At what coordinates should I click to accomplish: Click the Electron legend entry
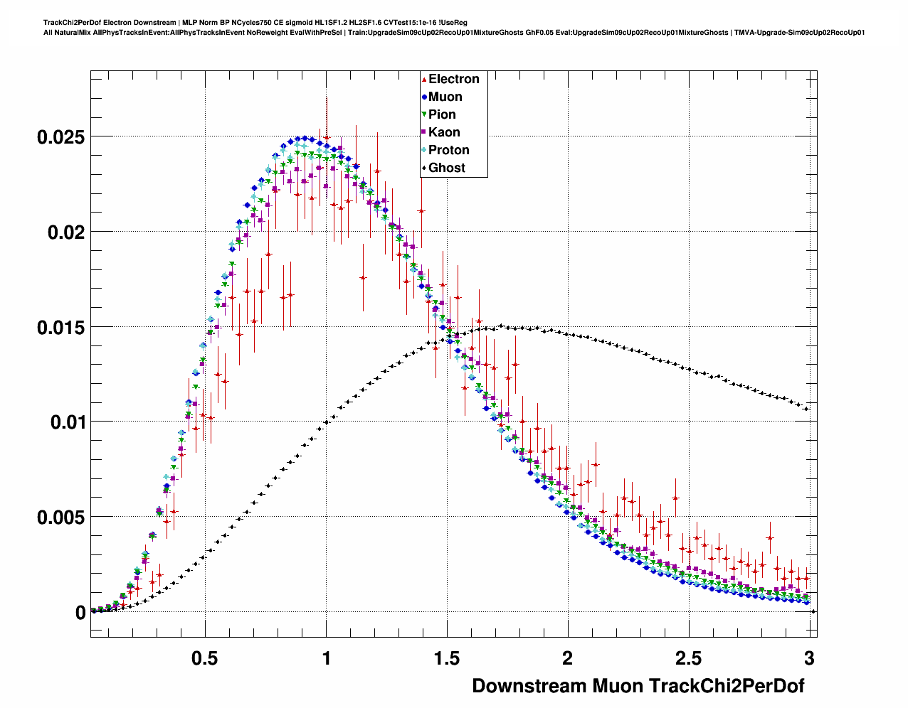[453, 79]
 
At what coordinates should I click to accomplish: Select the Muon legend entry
[445, 97]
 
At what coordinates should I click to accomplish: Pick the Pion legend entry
[442, 114]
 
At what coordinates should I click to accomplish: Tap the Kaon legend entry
[444, 132]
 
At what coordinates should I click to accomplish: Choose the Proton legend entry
[448, 150]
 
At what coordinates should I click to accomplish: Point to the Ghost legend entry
[446, 168]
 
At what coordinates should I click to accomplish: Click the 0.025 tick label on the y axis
[60, 137]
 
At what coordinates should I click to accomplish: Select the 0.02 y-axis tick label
[66, 232]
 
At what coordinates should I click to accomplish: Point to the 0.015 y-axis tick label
[60, 328]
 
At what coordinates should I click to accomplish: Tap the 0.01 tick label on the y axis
[66, 422]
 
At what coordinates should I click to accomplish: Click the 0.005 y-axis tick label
[60, 517]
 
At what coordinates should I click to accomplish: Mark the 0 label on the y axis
[80, 613]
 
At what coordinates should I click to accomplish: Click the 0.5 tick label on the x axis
[205, 658]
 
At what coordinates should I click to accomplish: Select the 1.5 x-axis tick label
[447, 658]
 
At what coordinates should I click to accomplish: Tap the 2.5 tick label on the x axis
[688, 658]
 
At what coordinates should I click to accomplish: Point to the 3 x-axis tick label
[809, 658]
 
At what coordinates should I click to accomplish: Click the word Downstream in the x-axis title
[529, 686]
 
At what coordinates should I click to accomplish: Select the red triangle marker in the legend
[424, 79]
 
